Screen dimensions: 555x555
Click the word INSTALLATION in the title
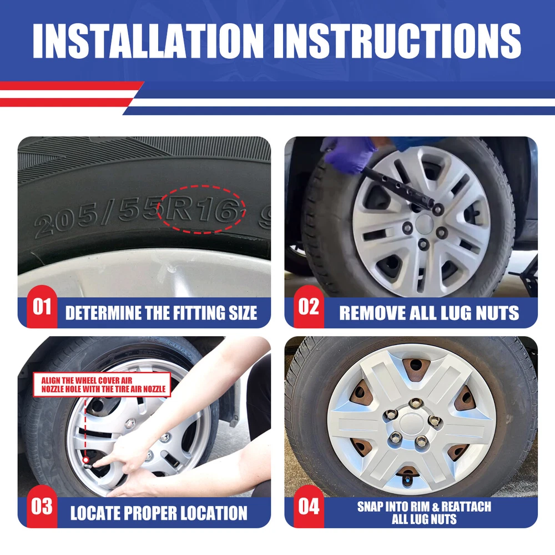[x=148, y=41]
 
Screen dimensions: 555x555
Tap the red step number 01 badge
[x=42, y=306]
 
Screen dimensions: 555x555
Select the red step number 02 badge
[x=309, y=306]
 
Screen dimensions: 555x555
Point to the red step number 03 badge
[x=42, y=507]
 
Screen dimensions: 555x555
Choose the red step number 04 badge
[x=309, y=507]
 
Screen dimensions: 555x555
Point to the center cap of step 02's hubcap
[x=425, y=224]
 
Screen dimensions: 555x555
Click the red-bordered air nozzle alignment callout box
[x=102, y=385]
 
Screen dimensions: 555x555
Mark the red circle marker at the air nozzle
[x=85, y=460]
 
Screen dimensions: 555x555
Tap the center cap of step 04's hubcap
[x=412, y=423]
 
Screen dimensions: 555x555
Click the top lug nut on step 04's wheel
[x=416, y=403]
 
